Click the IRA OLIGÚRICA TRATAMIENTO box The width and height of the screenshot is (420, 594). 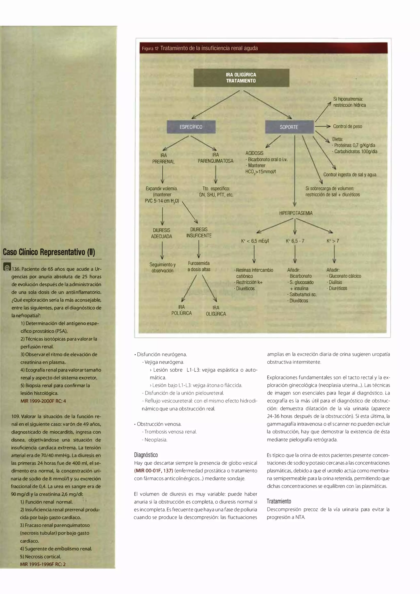pyautogui.click(x=241, y=78)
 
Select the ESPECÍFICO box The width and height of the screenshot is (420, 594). pyautogui.click(x=191, y=127)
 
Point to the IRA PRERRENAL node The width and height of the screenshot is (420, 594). pyautogui.click(x=163, y=158)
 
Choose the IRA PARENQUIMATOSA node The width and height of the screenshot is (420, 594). pyautogui.click(x=216, y=158)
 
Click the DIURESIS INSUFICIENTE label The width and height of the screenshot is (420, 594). pyautogui.click(x=199, y=233)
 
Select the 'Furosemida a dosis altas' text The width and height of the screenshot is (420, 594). pyautogui.click(x=199, y=266)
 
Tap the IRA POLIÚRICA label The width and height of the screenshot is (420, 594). pyautogui.click(x=181, y=310)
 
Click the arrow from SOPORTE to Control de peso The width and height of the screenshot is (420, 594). pyautogui.click(x=322, y=126)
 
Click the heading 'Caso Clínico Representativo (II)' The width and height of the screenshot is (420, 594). pyautogui.click(x=49, y=252)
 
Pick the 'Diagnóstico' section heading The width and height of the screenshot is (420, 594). pyautogui.click(x=146, y=455)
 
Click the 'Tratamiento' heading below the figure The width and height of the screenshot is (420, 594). pyautogui.click(x=279, y=501)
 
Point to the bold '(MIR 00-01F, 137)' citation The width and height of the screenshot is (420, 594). pyautogui.click(x=153, y=471)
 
